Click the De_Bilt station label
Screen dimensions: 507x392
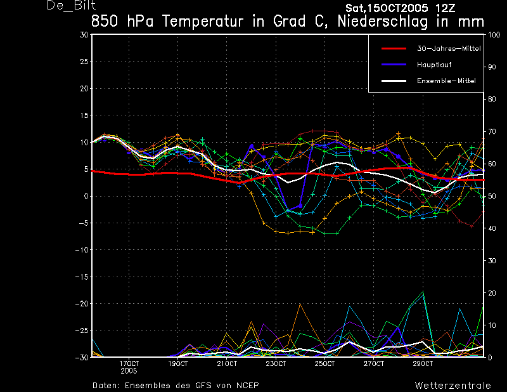[x=71, y=6]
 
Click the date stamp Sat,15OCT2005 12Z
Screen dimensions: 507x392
[x=400, y=8]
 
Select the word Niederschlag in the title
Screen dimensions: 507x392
[x=383, y=22]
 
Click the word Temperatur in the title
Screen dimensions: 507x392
[x=202, y=22]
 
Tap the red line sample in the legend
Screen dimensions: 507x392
[x=394, y=49]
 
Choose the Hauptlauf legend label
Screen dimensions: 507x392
[x=434, y=65]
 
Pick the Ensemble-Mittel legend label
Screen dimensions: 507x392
[x=446, y=81]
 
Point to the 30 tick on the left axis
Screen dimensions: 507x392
[x=84, y=35]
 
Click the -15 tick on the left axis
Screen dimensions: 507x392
[x=82, y=277]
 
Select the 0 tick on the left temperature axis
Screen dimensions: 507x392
[x=86, y=196]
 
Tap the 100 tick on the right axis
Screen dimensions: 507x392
[x=494, y=35]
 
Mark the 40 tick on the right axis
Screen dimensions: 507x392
[x=492, y=228]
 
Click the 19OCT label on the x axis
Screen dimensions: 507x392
[x=178, y=363]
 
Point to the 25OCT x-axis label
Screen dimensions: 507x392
[x=324, y=363]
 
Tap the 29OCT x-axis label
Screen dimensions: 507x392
[x=423, y=363]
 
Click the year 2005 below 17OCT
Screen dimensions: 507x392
[x=129, y=371]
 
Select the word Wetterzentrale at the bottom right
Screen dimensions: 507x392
[x=452, y=386]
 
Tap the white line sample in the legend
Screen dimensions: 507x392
[x=394, y=81]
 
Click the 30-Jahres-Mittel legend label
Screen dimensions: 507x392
[x=449, y=49]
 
